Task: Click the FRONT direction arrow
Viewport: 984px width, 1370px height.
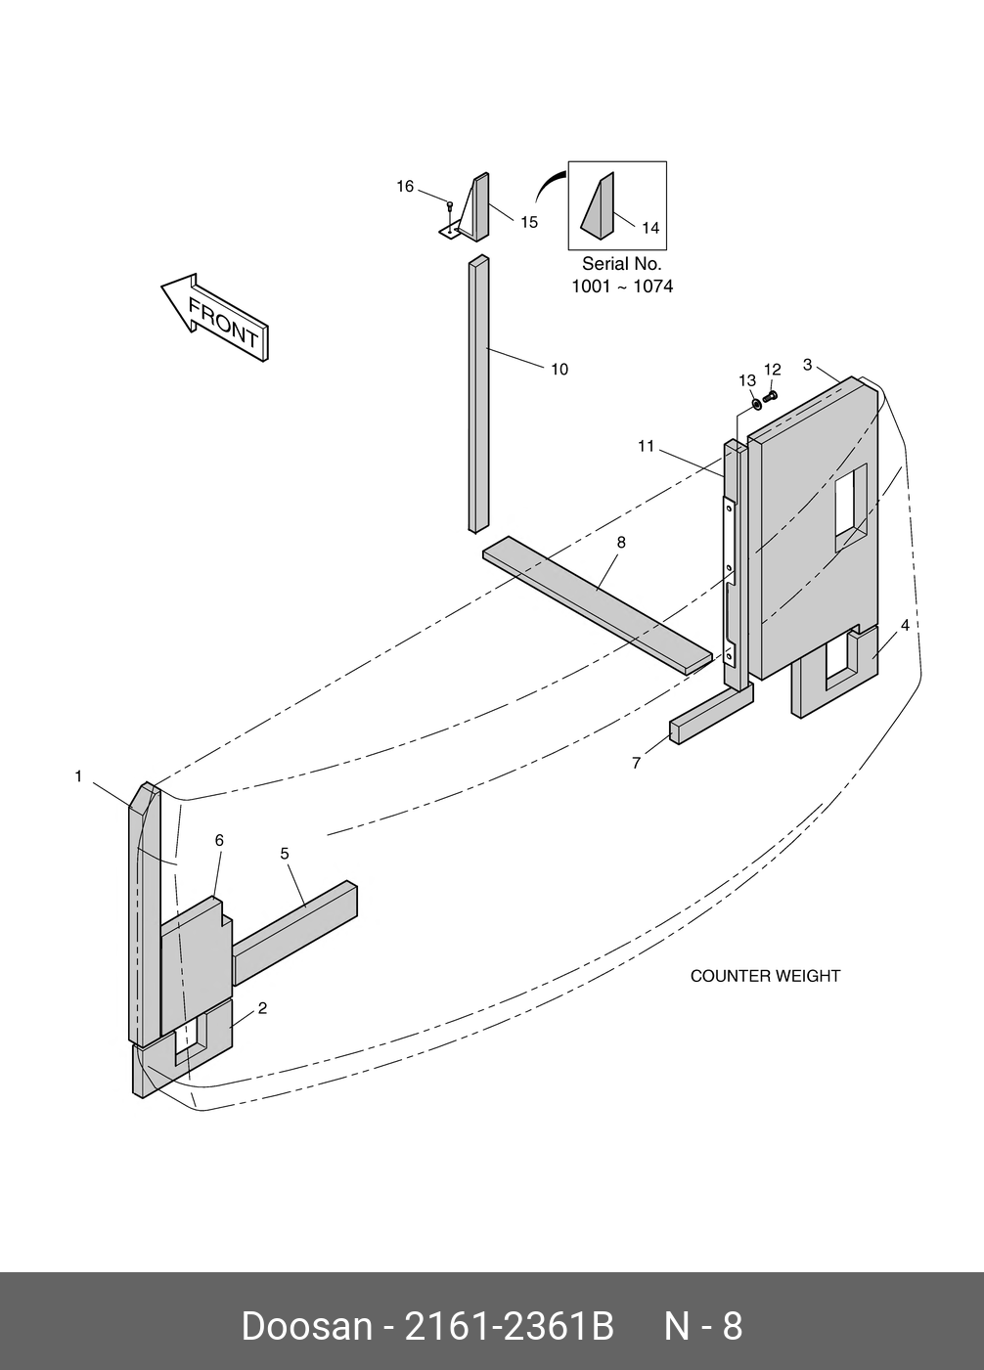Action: pyautogui.click(x=215, y=317)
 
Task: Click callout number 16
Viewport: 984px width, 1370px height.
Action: pyautogui.click(x=405, y=187)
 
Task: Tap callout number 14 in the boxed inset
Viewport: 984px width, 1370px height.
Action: pyautogui.click(x=650, y=228)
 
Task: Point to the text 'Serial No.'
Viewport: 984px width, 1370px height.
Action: pyautogui.click(x=621, y=264)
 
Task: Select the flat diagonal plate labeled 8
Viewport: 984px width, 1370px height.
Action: pyautogui.click(x=597, y=606)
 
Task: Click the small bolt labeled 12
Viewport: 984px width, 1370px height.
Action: pyautogui.click(x=769, y=396)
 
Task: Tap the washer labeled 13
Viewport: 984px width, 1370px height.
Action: pyautogui.click(x=756, y=403)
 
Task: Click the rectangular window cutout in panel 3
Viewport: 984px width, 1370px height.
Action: pyautogui.click(x=851, y=504)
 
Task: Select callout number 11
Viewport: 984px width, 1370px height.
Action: pyautogui.click(x=646, y=446)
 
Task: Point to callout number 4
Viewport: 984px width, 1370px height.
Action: pyautogui.click(x=905, y=625)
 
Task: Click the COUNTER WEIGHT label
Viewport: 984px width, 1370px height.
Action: pyautogui.click(x=765, y=976)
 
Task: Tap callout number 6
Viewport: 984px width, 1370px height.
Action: pyautogui.click(x=219, y=840)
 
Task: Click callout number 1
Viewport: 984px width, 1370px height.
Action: pyautogui.click(x=78, y=776)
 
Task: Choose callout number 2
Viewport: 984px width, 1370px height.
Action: pyautogui.click(x=262, y=1008)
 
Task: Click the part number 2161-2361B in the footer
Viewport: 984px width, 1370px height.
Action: pyautogui.click(x=509, y=1327)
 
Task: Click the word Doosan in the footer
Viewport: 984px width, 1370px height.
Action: pyautogui.click(x=306, y=1327)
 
